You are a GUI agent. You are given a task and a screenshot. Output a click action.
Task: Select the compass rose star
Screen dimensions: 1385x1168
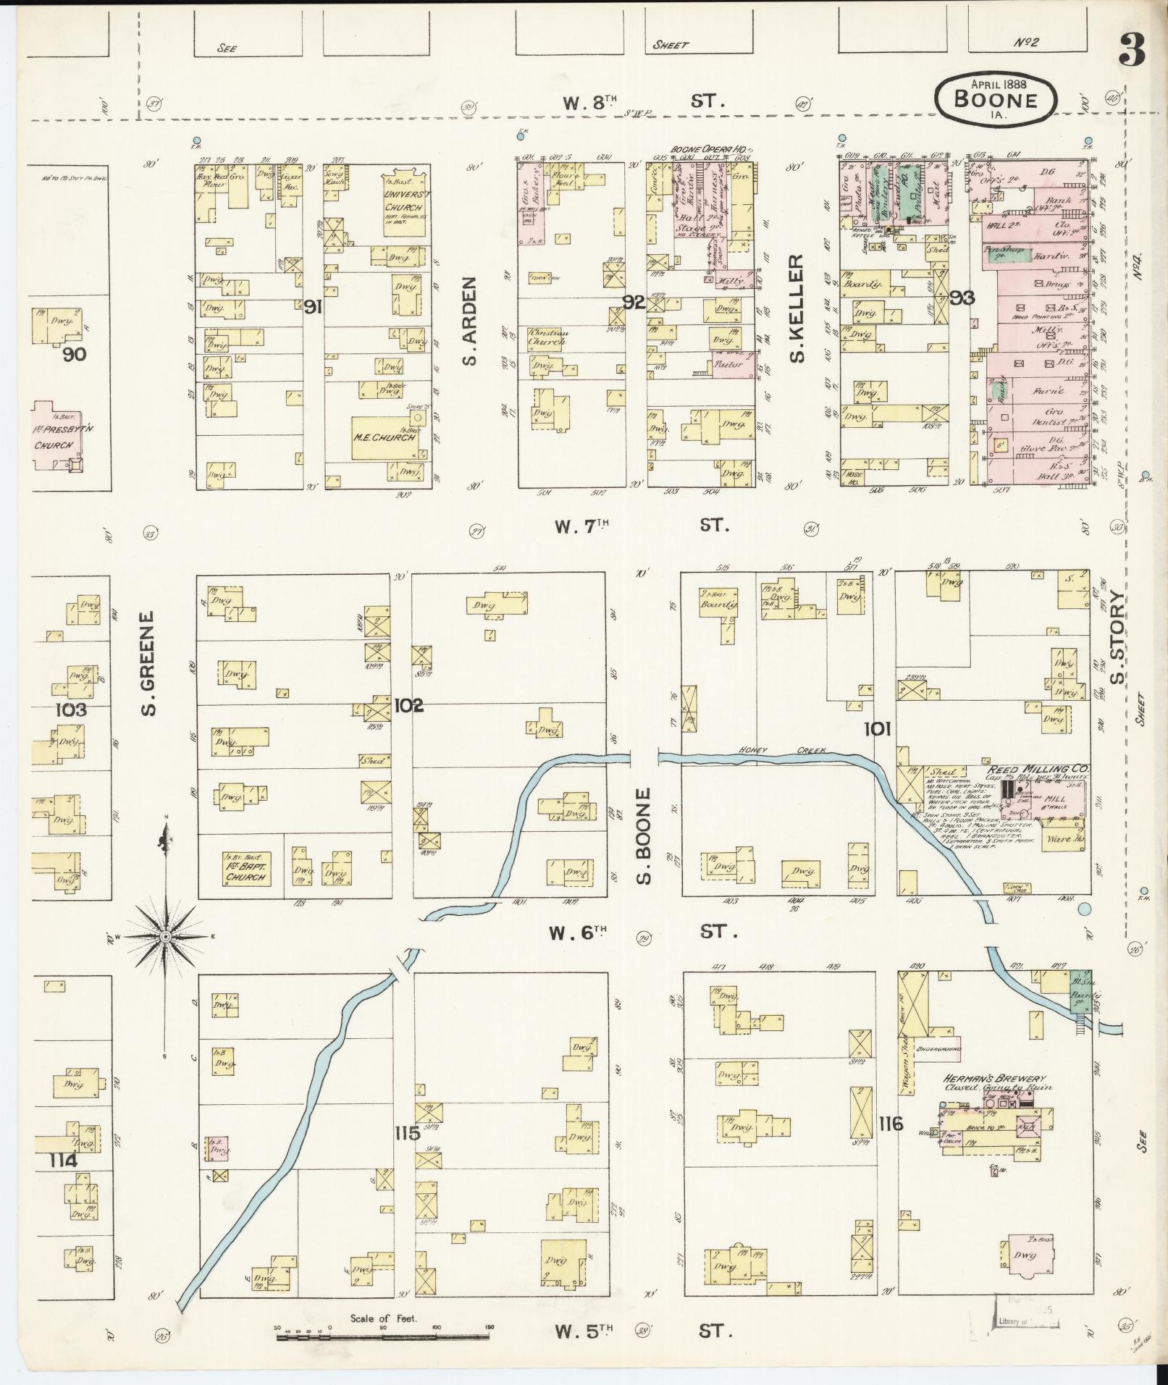coord(165,937)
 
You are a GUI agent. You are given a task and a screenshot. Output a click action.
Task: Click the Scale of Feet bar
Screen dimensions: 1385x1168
coord(383,1334)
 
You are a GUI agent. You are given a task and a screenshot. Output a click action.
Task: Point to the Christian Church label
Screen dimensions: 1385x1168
coord(548,337)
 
